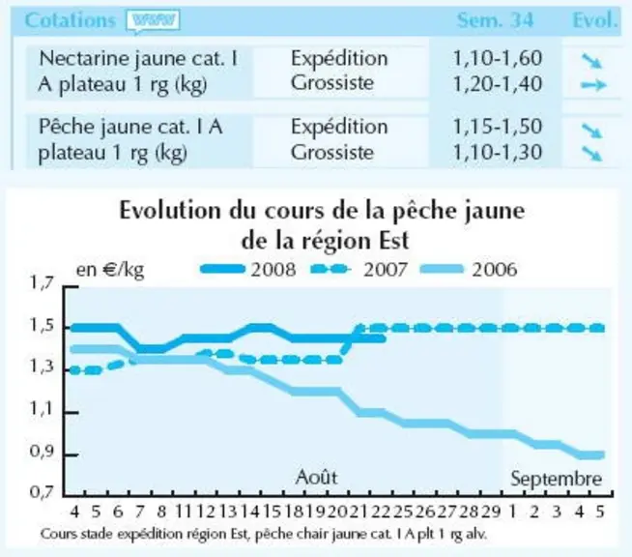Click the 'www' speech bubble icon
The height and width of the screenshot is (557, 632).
point(153,20)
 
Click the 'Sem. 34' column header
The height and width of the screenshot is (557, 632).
point(495,20)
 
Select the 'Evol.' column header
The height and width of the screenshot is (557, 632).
point(595,20)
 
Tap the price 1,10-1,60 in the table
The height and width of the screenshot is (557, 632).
point(498,58)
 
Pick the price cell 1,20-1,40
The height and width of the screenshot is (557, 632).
point(498,84)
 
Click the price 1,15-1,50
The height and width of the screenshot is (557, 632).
point(498,127)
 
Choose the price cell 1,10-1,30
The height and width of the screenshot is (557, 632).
point(498,153)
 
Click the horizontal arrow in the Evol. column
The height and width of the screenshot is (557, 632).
point(593,85)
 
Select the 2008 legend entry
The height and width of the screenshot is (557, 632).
point(248,269)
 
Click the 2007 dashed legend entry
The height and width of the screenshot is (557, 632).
point(359,269)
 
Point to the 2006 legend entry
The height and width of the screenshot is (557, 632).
point(469,269)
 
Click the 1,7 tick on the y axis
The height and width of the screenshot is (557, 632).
point(42,283)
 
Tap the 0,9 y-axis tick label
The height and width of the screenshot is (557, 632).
point(42,452)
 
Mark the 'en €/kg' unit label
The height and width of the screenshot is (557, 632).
point(110,270)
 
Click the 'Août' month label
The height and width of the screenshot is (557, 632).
point(316,477)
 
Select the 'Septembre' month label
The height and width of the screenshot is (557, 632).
point(557,480)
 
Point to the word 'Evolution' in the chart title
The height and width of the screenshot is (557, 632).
point(170,211)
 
